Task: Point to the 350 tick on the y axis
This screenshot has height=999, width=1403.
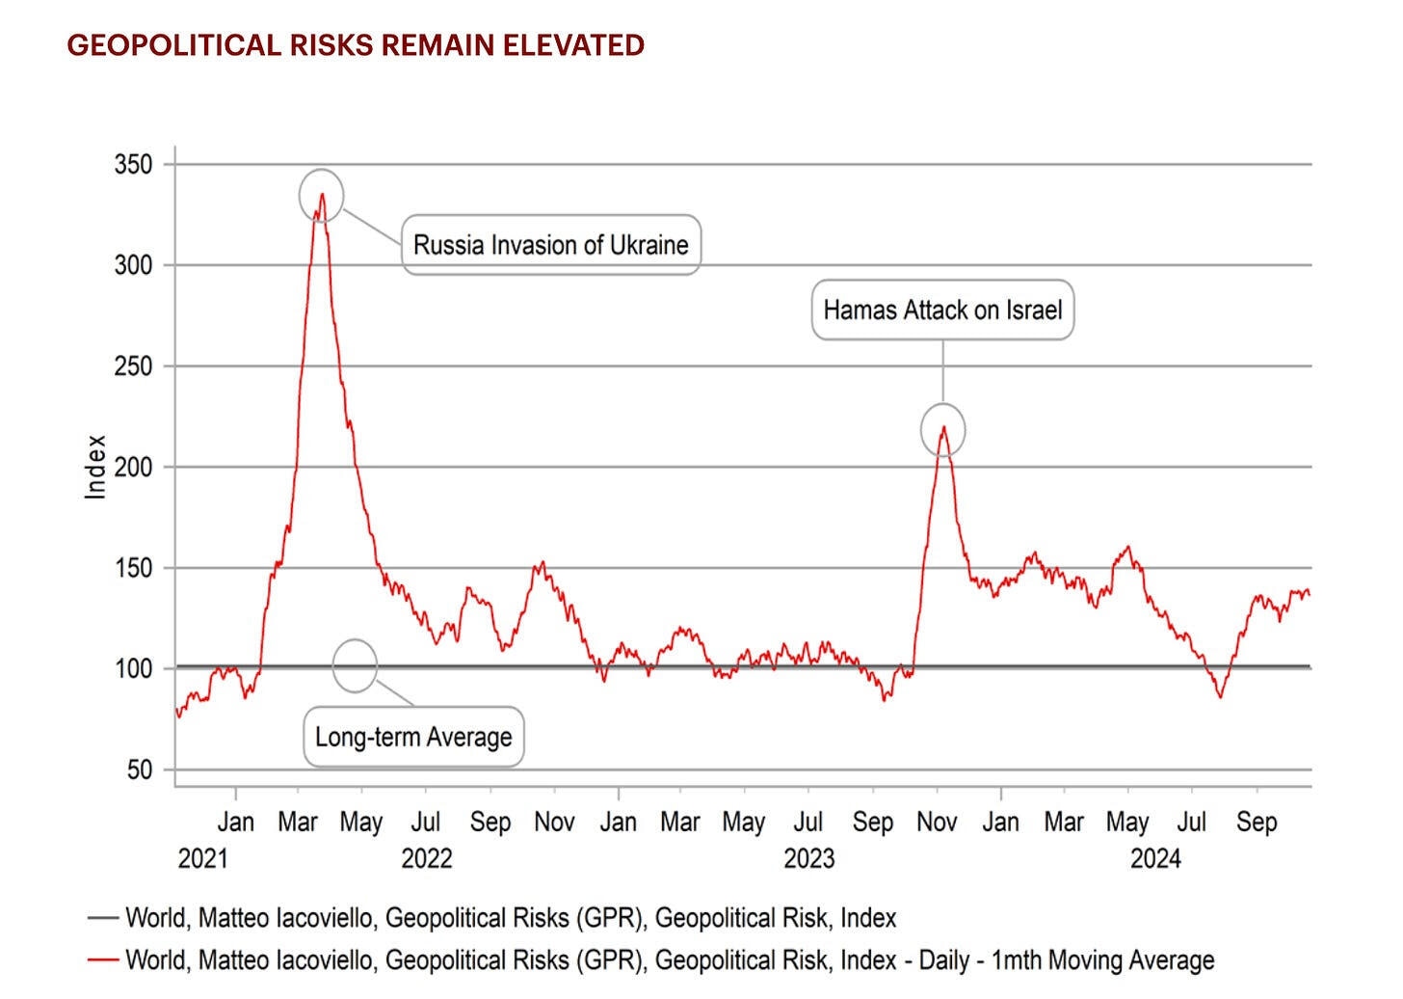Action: coord(133,165)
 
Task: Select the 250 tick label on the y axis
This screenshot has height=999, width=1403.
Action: coord(133,366)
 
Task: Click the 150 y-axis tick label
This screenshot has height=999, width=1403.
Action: coord(133,568)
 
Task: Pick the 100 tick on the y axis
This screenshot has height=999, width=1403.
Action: coord(133,668)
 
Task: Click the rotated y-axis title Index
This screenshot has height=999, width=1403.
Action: coord(95,467)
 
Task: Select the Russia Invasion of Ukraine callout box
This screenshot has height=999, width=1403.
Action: coord(550,245)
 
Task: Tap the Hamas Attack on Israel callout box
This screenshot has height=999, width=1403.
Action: coord(942,310)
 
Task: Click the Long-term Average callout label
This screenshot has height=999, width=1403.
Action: coord(413,738)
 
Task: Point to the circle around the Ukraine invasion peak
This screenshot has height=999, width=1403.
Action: coord(321,196)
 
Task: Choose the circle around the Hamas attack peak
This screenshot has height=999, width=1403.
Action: coord(942,430)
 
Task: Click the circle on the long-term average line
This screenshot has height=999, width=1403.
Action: coord(355,665)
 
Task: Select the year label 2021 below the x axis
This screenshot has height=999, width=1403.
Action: coord(202,858)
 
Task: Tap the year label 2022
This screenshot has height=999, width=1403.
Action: coord(426,858)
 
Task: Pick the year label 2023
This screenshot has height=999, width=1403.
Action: coord(808,858)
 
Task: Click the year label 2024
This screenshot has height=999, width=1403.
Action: coord(1155,858)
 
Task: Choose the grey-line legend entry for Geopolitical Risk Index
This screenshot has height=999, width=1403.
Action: coord(511,918)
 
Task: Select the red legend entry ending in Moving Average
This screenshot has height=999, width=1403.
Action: coord(670,960)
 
